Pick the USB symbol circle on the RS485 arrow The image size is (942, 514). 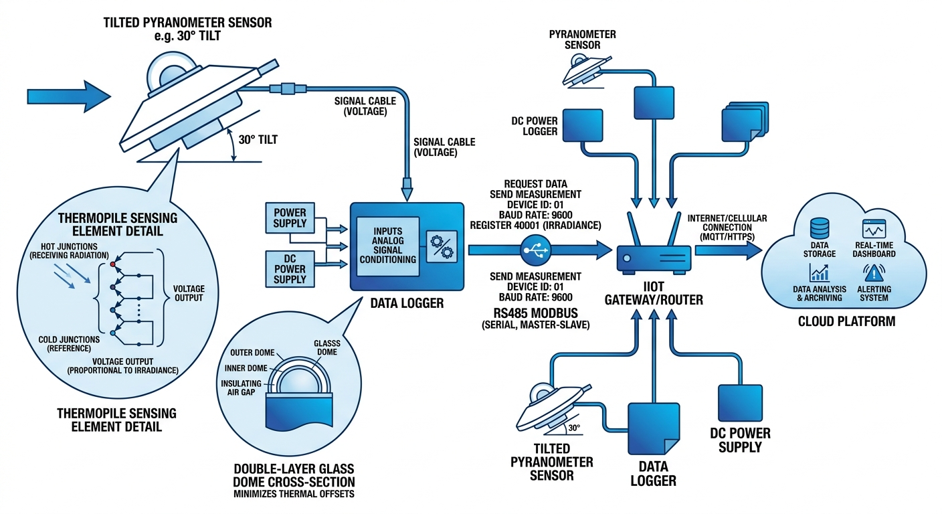tap(538, 250)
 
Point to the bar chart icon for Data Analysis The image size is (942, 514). tap(819, 272)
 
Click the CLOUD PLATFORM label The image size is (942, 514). tap(846, 321)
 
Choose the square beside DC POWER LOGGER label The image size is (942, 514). tap(583, 126)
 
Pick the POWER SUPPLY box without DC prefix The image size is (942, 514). tap(290, 218)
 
